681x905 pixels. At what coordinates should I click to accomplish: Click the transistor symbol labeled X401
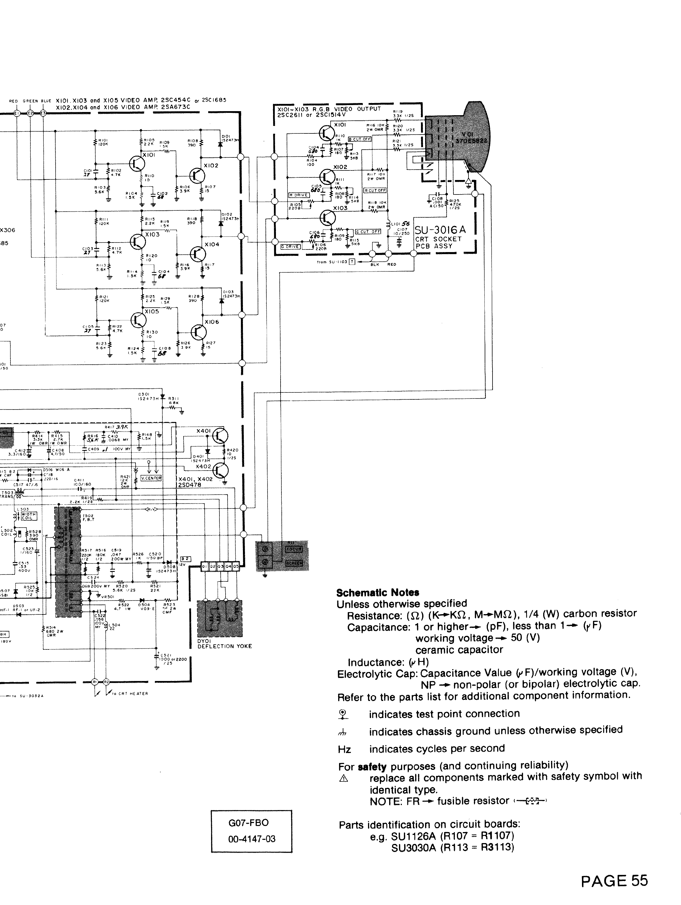220,436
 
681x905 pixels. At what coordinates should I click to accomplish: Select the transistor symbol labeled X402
220,471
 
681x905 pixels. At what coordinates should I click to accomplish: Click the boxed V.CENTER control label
151,478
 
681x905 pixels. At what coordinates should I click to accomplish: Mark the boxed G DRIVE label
290,247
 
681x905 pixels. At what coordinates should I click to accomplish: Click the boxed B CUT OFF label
359,139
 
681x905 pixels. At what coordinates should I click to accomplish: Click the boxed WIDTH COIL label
29,516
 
